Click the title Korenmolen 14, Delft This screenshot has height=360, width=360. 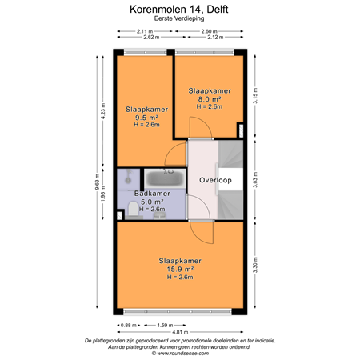pos(179,10)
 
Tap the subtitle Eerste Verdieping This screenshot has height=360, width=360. pos(179,22)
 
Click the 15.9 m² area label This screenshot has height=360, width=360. pos(179,270)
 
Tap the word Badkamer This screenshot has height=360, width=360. pos(151,194)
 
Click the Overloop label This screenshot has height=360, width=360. pos(215,181)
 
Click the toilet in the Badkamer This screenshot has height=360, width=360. pos(131,210)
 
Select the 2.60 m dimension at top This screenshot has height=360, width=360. pos(210,31)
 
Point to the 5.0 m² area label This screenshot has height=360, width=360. pos(151,202)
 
